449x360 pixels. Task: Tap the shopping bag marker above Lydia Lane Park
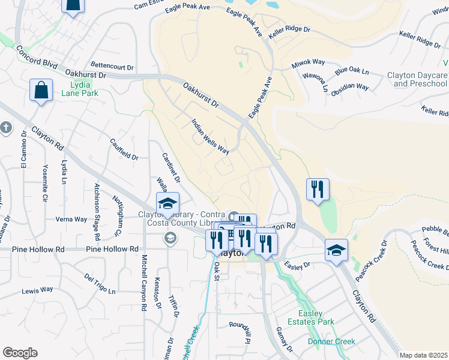coord(41,91)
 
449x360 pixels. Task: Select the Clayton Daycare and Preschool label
coord(417,79)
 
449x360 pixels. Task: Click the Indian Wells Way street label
coord(210,137)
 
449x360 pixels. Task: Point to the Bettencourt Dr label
coord(112,65)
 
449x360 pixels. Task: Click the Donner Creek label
coord(331,341)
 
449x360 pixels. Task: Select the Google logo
coord(20,352)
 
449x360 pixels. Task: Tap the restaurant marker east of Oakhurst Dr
coord(318,190)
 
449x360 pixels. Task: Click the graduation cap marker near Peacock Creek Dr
coord(337,250)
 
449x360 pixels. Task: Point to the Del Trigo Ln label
coord(100,284)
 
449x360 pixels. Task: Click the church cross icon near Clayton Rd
coord(5,127)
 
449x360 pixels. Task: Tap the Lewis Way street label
coord(37,290)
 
